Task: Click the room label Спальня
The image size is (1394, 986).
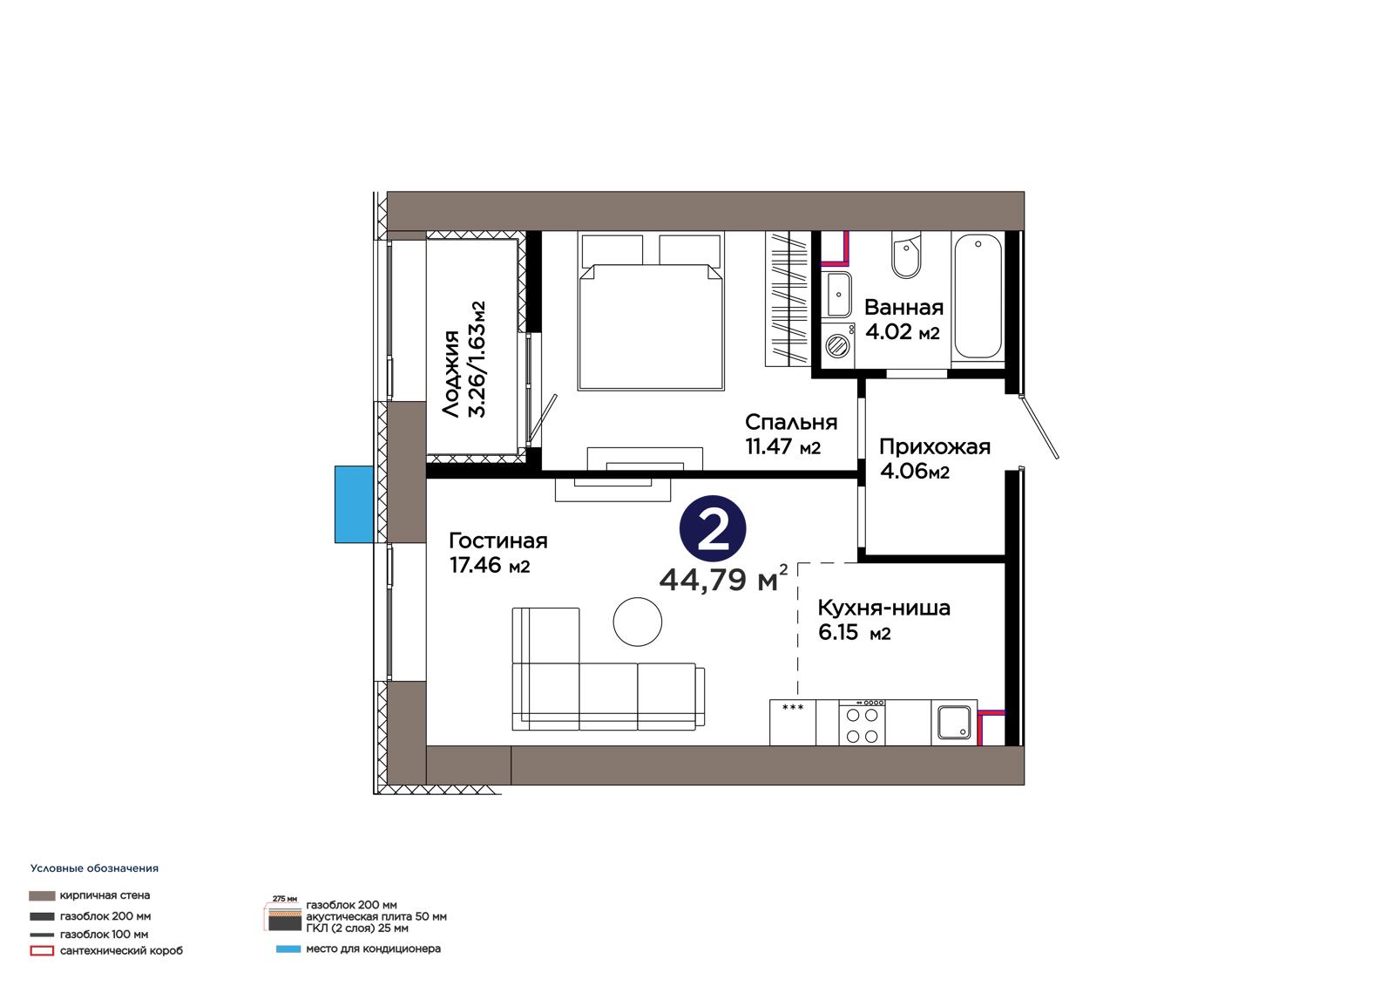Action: pyautogui.click(x=791, y=422)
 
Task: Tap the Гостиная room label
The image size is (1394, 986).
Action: pyautogui.click(x=497, y=541)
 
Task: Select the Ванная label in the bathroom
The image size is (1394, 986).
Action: pyautogui.click(x=903, y=307)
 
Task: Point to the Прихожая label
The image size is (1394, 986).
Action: pyautogui.click(x=934, y=446)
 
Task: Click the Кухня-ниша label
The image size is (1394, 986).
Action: pyautogui.click(x=883, y=608)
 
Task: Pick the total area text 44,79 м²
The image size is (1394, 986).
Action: pyautogui.click(x=723, y=579)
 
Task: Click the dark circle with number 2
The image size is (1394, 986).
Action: pyautogui.click(x=713, y=529)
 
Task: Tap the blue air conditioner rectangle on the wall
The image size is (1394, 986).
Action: pyautogui.click(x=354, y=504)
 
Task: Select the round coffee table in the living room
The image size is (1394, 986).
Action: pyautogui.click(x=637, y=622)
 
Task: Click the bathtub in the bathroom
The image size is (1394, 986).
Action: pyautogui.click(x=978, y=296)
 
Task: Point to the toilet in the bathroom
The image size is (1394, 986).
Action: pyautogui.click(x=905, y=255)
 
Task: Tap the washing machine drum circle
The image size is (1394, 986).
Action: pyautogui.click(x=837, y=345)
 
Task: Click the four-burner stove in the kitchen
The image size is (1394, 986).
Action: pyautogui.click(x=862, y=723)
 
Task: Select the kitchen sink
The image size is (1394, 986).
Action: pyautogui.click(x=954, y=723)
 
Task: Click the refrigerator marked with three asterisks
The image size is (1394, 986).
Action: pyautogui.click(x=793, y=723)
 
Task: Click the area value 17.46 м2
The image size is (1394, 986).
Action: pyautogui.click(x=490, y=566)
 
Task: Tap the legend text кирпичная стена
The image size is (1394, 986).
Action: pyautogui.click(x=105, y=895)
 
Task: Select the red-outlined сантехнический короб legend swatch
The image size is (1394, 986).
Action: pyautogui.click(x=42, y=951)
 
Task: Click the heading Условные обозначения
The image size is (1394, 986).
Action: pyautogui.click(x=95, y=868)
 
